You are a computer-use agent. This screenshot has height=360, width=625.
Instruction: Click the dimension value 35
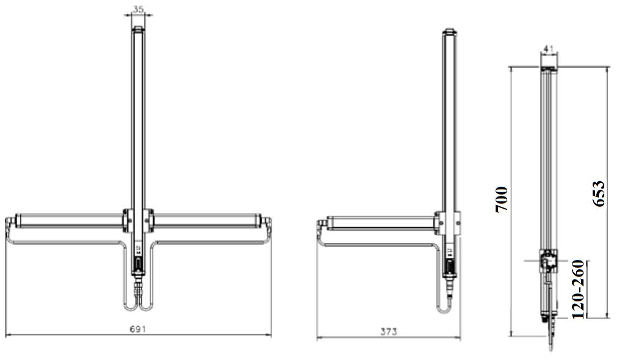[139, 9]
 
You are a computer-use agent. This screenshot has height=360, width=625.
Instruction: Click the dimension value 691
[138, 329]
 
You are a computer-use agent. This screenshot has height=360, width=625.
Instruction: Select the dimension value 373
[388, 332]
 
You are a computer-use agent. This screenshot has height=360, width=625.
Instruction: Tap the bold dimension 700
[502, 200]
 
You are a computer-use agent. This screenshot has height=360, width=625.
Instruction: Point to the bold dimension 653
[599, 194]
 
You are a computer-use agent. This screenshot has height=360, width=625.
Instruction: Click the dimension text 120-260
[578, 289]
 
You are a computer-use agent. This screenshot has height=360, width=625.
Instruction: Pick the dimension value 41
[549, 49]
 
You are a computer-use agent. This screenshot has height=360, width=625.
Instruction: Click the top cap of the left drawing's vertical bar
[138, 29]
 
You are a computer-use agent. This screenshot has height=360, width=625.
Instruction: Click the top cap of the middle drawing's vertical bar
[449, 31]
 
